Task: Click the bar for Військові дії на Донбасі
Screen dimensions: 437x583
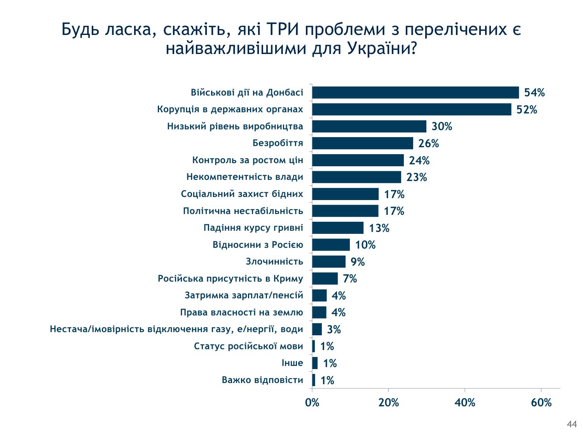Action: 415,92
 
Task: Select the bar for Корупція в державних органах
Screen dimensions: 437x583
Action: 411,110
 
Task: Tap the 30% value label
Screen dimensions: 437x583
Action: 442,127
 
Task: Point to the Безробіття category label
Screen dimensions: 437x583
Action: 278,143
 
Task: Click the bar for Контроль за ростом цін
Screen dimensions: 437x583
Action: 358,160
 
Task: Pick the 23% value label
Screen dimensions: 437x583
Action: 417,178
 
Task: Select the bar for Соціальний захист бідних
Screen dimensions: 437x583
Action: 345,194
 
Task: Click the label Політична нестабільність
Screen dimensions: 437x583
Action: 243,211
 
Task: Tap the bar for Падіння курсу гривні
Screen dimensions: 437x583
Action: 337,228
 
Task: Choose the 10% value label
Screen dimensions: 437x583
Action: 365,245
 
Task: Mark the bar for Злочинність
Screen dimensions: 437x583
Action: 328,262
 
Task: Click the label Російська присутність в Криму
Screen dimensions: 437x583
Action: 230,279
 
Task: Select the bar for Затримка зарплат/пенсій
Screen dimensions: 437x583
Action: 319,296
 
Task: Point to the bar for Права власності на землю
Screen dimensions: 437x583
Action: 319,312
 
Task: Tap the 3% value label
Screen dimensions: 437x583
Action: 334,330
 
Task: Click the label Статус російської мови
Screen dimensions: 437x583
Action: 248,346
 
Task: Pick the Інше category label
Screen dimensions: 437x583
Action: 292,363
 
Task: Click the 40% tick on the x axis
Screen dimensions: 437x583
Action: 465,403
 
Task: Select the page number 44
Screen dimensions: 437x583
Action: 572,425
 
